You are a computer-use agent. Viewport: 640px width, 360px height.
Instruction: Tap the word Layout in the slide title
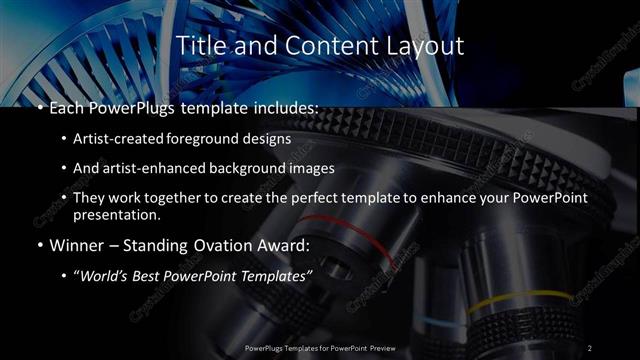424,46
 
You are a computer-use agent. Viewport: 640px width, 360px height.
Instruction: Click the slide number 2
590,348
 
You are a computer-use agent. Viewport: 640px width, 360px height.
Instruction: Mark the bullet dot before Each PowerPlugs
37,107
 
